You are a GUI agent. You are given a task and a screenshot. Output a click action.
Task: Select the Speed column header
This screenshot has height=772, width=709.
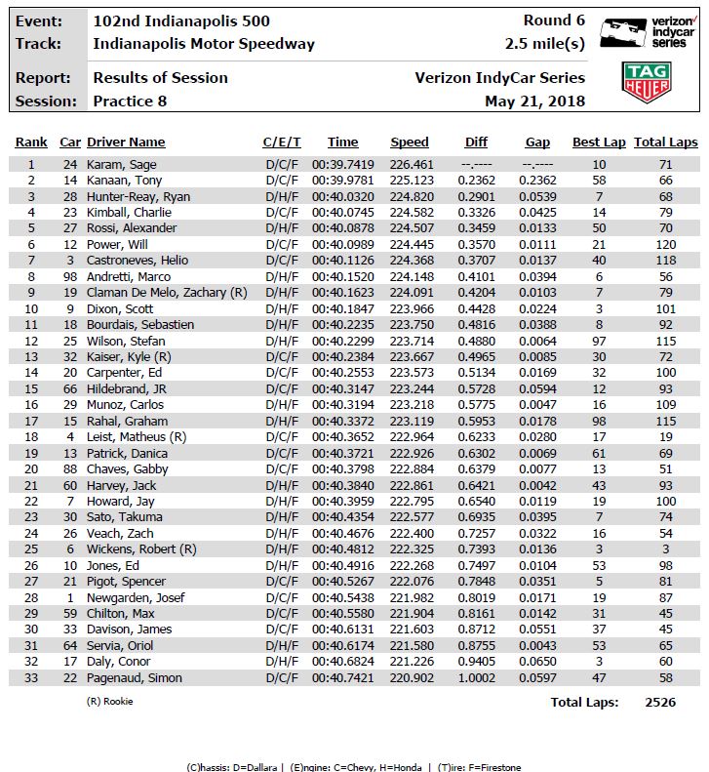point(410,142)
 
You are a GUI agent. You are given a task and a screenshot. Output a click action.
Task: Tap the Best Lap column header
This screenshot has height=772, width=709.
point(599,142)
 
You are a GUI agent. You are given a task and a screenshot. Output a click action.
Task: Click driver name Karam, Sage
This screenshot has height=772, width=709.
point(122,165)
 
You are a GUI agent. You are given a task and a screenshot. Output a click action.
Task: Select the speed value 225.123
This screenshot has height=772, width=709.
point(410,181)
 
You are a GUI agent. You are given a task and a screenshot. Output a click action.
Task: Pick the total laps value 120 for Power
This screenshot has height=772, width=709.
point(665,244)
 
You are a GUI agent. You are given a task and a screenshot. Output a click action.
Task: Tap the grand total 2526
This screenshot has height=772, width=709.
point(659,702)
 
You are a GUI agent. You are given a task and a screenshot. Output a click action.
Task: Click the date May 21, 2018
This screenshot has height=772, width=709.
point(534,102)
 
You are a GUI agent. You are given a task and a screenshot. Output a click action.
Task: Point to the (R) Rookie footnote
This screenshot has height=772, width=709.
point(110,701)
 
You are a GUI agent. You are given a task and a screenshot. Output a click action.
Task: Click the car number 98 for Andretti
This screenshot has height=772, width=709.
point(70,276)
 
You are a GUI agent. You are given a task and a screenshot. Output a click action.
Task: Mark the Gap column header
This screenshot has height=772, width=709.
point(537,142)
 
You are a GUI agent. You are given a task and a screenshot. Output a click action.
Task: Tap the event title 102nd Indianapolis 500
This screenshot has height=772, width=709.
point(181,20)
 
